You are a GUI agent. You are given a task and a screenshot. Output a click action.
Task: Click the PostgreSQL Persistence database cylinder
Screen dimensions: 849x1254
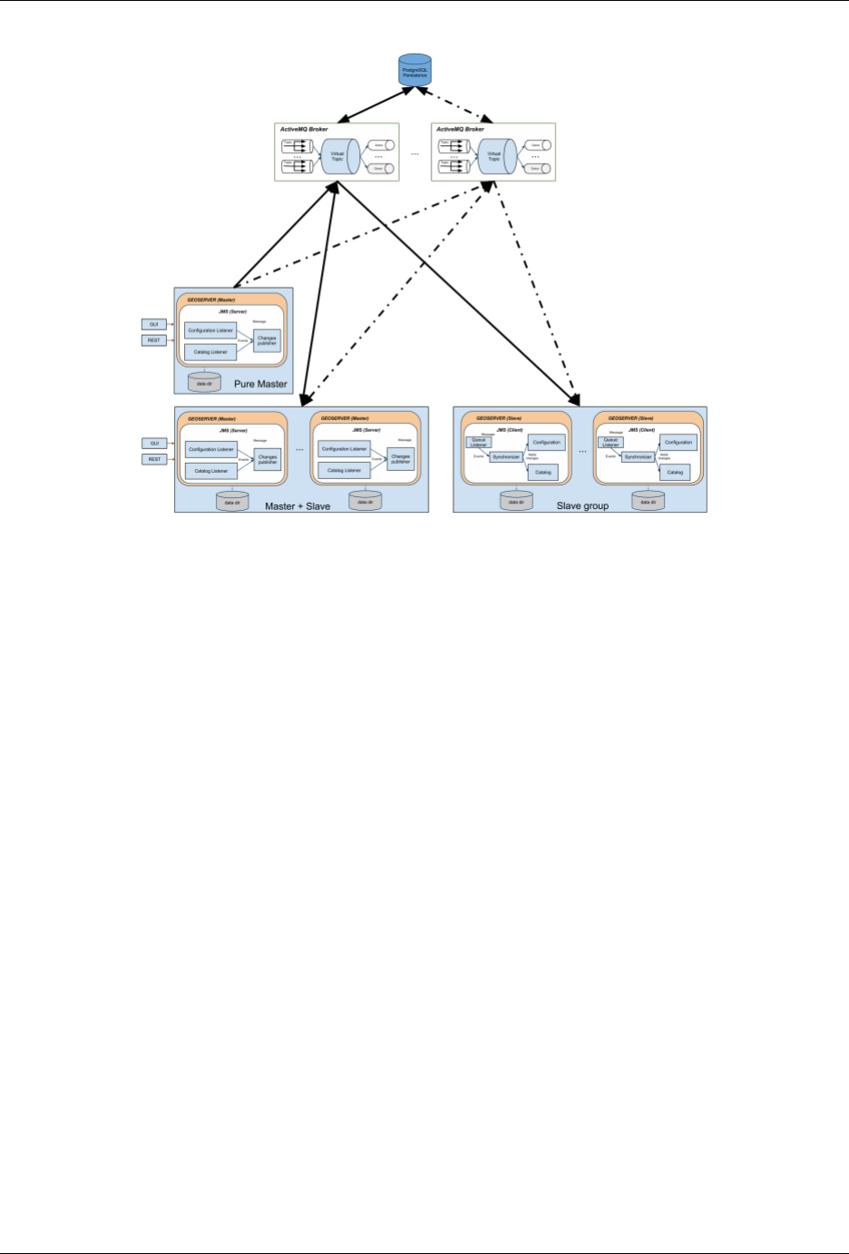pos(415,70)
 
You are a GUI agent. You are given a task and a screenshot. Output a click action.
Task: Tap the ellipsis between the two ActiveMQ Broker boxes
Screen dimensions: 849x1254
pos(415,154)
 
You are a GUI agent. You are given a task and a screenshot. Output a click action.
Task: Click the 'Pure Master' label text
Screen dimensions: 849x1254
pos(260,384)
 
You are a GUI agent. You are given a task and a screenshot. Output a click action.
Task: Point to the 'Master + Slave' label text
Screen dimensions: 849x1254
pos(298,505)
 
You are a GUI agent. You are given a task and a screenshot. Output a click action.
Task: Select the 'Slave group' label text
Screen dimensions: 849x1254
pos(582,505)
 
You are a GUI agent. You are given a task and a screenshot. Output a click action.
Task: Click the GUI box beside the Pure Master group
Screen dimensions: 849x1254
pos(154,325)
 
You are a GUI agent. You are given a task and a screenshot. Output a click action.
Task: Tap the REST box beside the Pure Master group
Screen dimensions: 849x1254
pos(154,340)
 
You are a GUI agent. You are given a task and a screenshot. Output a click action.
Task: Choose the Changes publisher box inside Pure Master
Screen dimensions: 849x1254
pos(267,340)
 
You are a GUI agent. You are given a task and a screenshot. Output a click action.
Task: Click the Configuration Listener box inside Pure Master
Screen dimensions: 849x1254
pos(210,330)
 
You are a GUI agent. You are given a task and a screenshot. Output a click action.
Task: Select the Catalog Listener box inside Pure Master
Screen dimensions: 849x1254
pos(210,351)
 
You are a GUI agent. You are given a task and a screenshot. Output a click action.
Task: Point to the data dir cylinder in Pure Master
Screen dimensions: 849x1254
pos(204,382)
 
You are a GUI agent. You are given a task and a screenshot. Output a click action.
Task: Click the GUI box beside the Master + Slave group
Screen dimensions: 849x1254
pos(154,444)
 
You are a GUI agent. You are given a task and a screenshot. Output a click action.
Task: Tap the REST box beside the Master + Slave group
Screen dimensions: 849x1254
pos(154,459)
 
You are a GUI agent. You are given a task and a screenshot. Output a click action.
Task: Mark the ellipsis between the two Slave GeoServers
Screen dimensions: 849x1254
pos(582,450)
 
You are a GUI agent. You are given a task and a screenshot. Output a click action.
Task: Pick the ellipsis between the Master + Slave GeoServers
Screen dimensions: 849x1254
pos(298,450)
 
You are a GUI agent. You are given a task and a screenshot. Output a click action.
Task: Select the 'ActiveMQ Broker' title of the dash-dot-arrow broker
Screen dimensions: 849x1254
pos(460,130)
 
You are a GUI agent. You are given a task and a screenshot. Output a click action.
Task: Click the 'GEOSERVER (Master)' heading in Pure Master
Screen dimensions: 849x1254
pos(211,299)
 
